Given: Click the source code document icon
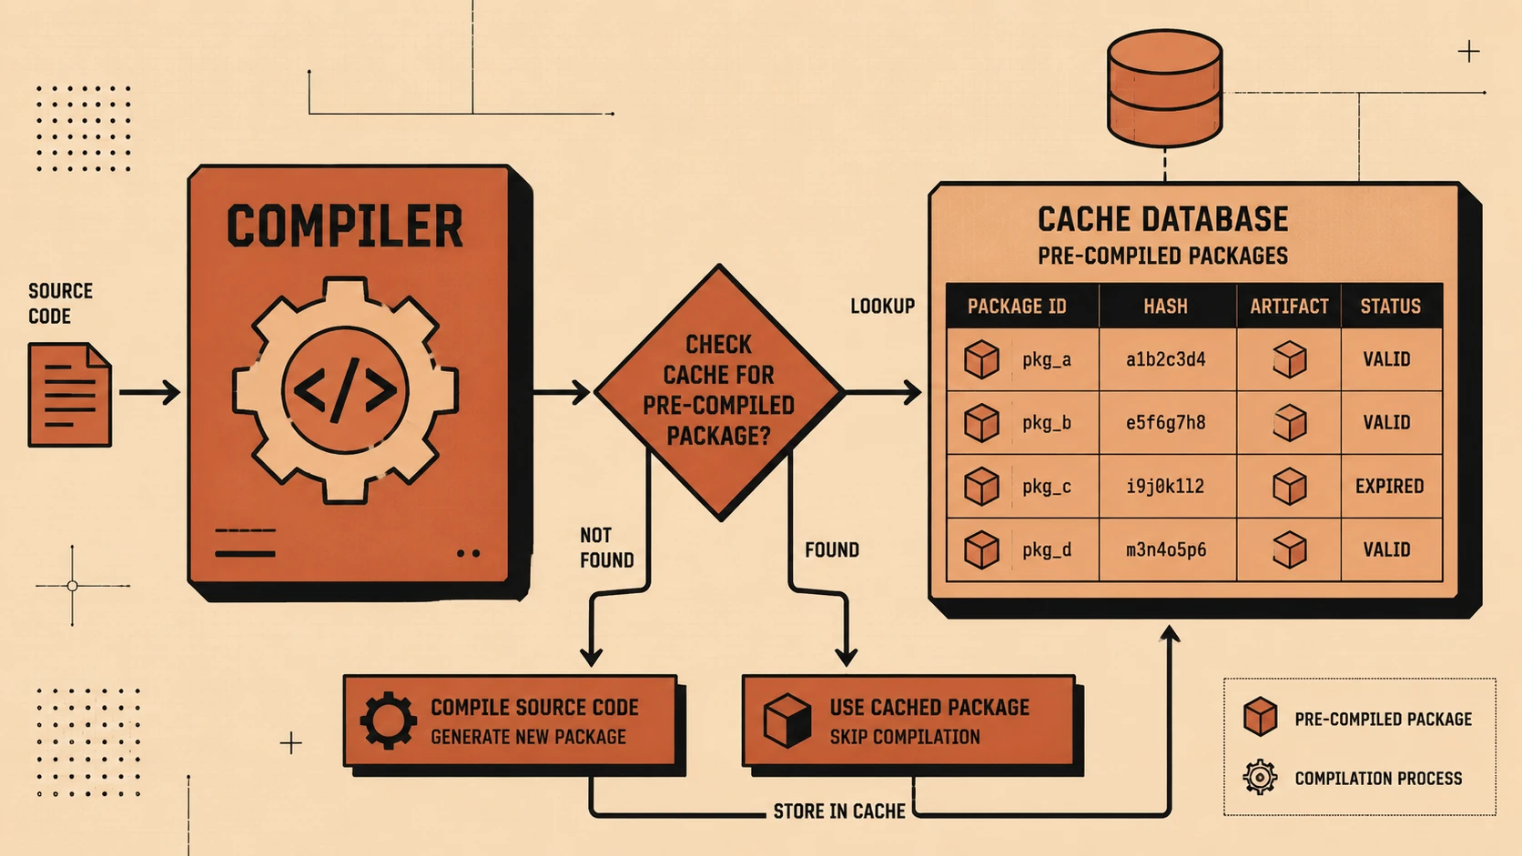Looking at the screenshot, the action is point(69,395).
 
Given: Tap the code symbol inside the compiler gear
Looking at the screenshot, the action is point(345,390).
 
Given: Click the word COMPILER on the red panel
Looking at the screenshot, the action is point(344,226).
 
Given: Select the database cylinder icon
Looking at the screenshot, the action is point(1164,88).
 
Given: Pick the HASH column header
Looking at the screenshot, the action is point(1165,307).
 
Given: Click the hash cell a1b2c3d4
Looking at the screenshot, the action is point(1165,359).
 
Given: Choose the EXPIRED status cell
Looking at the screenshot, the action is point(1389,486).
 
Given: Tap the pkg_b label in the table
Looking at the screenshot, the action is point(1047,423).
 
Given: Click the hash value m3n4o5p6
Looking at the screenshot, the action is point(1166,549).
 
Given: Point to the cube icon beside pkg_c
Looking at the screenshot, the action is point(981,486).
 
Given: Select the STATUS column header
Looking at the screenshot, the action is point(1390,307).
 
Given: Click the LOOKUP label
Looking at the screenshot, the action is point(883,307).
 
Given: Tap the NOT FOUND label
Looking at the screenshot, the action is point(607,547).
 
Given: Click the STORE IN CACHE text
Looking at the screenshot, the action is point(839,811).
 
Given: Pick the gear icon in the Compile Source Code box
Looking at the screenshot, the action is point(388,720).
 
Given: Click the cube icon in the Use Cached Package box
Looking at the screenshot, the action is point(786,720).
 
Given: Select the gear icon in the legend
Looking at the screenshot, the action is point(1260,777).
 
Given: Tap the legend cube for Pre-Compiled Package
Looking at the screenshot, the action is point(1260,716).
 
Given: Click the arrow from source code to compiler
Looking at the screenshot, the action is point(149,392).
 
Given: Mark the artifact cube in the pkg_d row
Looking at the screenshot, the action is point(1289,549).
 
